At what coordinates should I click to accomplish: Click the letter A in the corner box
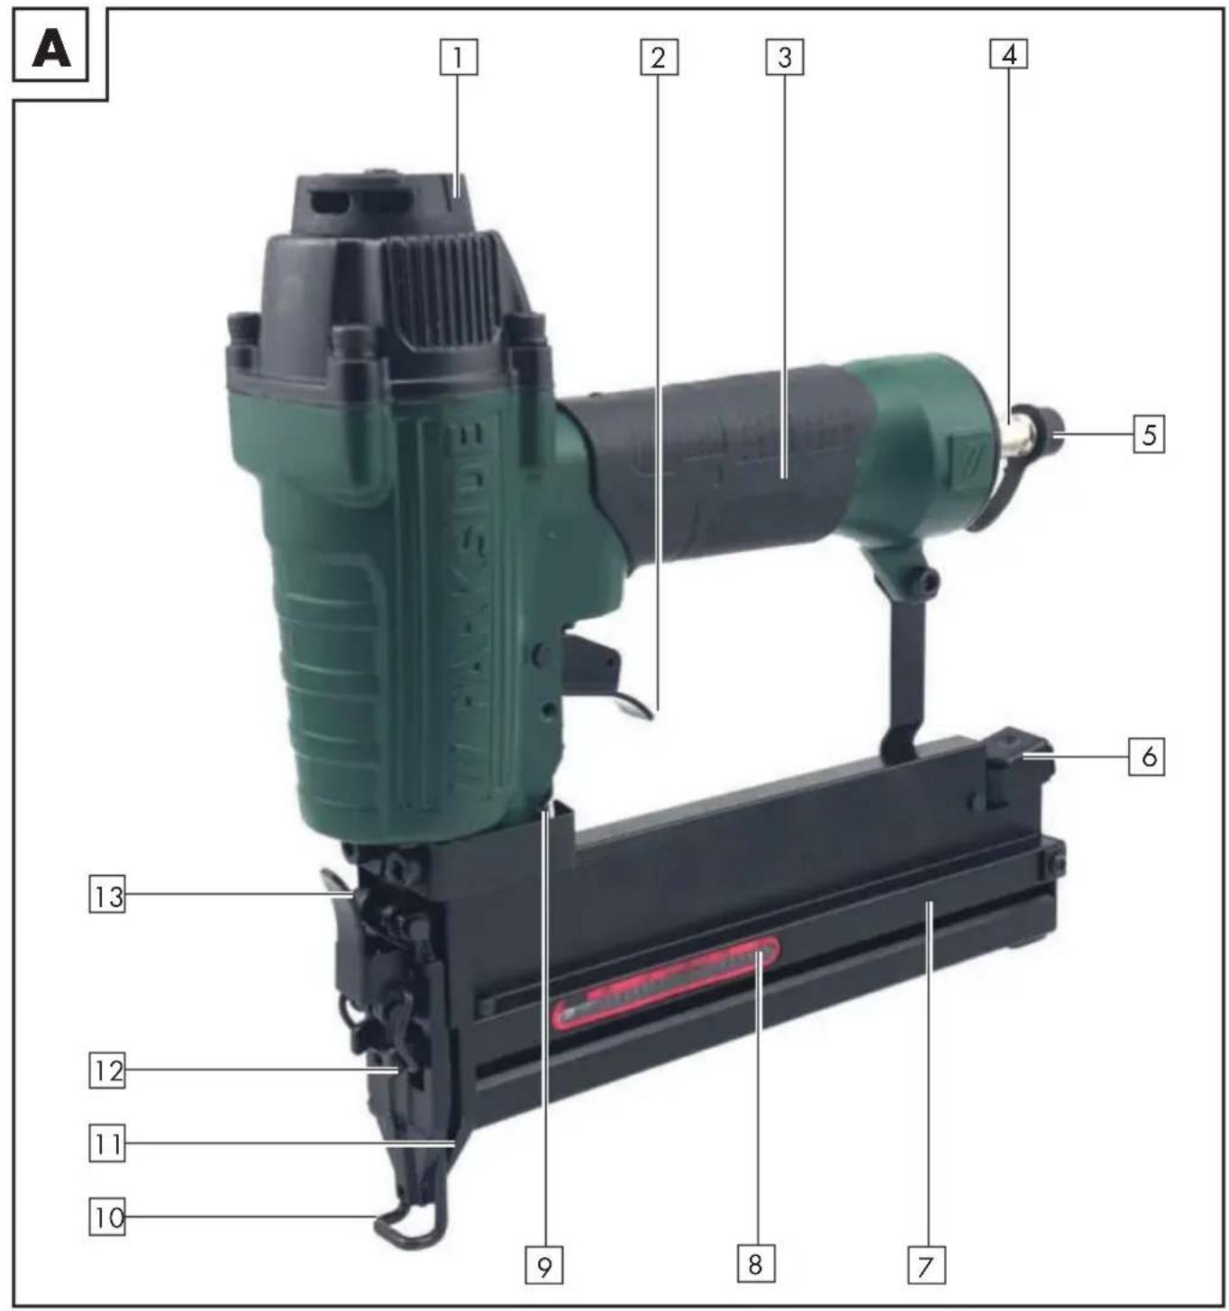tap(51, 49)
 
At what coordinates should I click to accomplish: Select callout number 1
tap(458, 59)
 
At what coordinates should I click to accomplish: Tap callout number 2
tap(659, 59)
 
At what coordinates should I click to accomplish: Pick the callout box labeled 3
tap(784, 58)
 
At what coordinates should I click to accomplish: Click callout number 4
tap(1008, 55)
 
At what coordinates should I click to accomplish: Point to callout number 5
tap(1149, 435)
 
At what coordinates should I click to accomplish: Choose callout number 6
tap(1148, 756)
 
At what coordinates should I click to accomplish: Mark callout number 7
tap(925, 1266)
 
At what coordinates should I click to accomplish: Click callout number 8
tap(755, 1264)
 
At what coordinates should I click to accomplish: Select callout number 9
tap(544, 1266)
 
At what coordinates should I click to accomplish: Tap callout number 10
tap(107, 1218)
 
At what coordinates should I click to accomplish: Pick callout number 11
tap(107, 1145)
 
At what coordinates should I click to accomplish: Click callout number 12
tap(107, 1071)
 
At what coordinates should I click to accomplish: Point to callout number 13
tap(107, 897)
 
